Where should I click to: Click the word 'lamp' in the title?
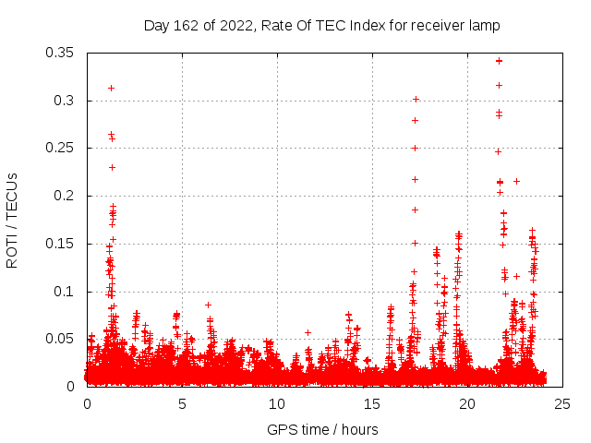tap(485, 25)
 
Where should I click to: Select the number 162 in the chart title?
tap(183, 25)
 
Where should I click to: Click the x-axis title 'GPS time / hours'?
tap(322, 429)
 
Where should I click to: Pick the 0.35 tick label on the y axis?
tap(60, 53)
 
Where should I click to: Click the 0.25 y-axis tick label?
tap(60, 148)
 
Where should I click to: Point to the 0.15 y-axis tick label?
tap(60, 244)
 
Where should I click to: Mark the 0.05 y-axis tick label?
tap(60, 339)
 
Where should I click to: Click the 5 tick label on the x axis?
tap(182, 403)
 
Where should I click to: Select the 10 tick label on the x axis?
tap(277, 403)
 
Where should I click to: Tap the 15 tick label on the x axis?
tap(372, 403)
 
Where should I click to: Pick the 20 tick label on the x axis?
tap(467, 403)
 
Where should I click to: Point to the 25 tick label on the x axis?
tap(562, 403)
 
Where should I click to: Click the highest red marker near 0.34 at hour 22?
tap(499, 61)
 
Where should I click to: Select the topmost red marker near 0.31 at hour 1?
tap(111, 88)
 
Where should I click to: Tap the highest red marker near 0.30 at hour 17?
tap(416, 99)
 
